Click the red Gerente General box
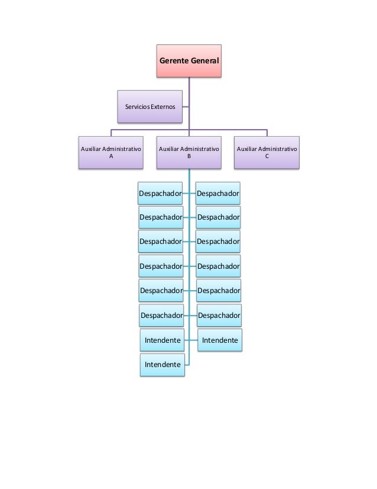click(188, 60)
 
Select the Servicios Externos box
click(149, 107)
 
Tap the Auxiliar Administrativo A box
click(111, 153)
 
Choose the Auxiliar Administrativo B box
click(188, 153)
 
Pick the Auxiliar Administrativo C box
click(266, 153)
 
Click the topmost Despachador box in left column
click(160, 193)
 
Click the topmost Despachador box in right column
click(218, 193)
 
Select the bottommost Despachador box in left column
click(161, 316)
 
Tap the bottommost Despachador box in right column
click(219, 316)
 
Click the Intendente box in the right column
click(220, 340)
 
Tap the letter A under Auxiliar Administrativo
click(111, 157)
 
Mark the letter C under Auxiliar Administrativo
click(266, 157)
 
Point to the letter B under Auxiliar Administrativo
click(188, 157)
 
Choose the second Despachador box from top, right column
click(219, 217)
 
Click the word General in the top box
click(204, 61)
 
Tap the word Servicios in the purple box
click(136, 107)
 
